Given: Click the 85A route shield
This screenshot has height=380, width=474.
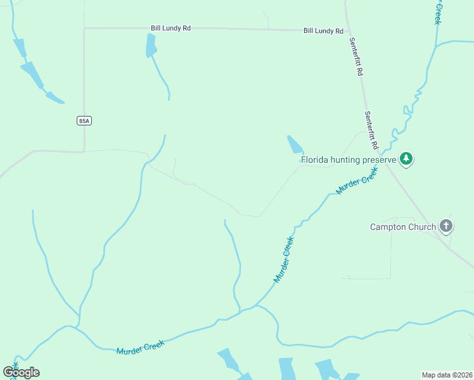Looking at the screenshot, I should pos(84,120).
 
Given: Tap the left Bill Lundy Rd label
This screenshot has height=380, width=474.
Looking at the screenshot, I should pos(170,28).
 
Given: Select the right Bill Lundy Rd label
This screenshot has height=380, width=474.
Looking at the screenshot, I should pos(323,30).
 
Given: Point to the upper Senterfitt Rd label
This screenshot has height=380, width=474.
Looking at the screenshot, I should pos(355,57).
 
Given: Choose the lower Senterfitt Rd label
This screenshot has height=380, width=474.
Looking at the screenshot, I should pos(371,130).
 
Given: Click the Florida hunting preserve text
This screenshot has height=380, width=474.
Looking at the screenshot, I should pos(348,160).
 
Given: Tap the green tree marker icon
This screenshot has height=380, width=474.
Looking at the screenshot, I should pos(406,159).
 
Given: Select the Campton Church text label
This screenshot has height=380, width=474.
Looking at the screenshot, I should pos(403,227).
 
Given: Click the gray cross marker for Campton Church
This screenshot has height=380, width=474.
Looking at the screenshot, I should pos(446,226).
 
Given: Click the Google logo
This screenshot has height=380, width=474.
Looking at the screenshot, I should pos(21,372).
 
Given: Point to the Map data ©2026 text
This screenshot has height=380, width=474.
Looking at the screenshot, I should pos(447,375).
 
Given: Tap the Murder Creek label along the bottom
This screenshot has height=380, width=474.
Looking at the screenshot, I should pos(140,347).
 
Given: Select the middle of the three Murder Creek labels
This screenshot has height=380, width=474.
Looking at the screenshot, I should pos(284,260).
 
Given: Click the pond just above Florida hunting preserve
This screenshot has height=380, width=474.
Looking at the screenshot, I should pos(295,145).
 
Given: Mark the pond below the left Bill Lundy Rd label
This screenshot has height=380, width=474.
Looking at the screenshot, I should pos(151,46).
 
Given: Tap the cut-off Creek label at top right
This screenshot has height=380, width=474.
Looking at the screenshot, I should pos(437,11).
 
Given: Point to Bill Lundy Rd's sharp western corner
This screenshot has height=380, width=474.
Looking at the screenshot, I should pos(84,28).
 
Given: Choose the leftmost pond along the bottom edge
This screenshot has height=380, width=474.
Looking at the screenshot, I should pos(228,359).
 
